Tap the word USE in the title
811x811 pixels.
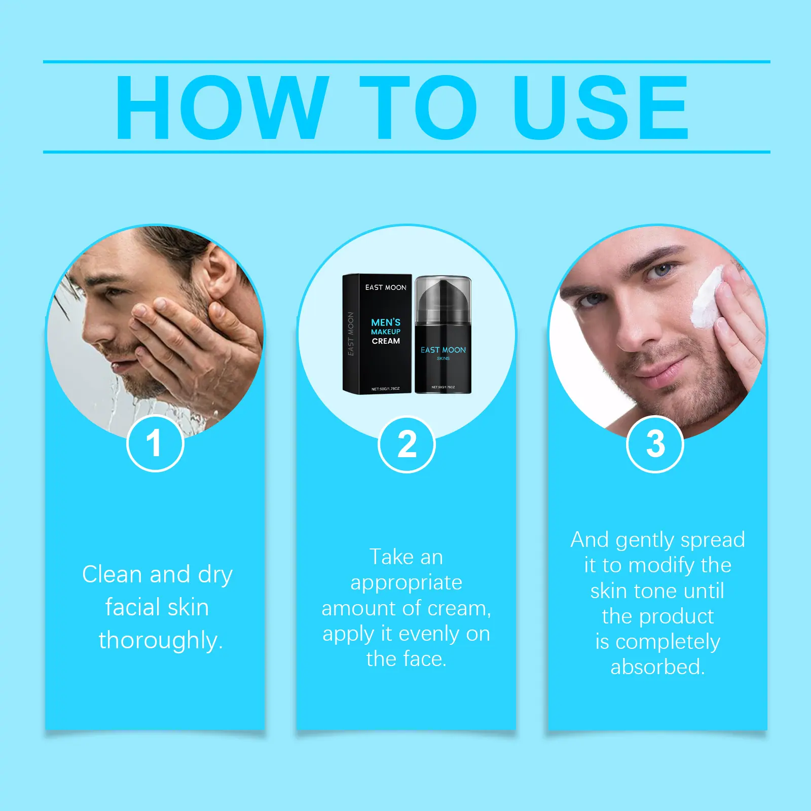[601, 107]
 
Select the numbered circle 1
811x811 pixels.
[155, 444]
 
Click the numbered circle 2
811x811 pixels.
[407, 445]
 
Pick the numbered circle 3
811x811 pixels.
[655, 445]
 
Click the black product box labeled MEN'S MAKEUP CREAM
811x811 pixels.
[378, 334]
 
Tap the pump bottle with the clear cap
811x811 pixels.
[443, 335]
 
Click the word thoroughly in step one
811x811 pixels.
[161, 640]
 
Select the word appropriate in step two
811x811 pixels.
[407, 583]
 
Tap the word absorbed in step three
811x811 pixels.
[657, 667]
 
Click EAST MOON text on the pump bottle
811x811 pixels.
[443, 350]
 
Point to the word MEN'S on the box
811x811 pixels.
[386, 322]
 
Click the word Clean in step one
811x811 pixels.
[112, 574]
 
